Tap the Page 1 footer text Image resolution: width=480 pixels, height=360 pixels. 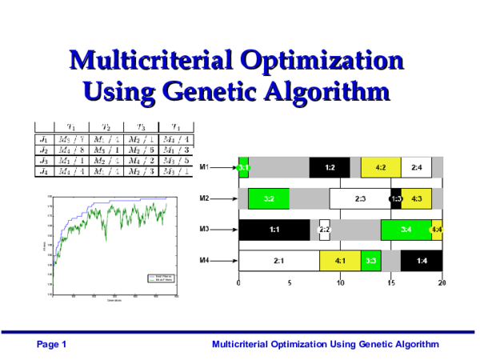click(x=52, y=344)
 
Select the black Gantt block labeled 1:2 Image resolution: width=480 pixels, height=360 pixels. click(x=329, y=168)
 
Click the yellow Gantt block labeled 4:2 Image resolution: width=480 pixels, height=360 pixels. click(x=380, y=168)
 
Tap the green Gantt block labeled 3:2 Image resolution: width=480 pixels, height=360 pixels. click(x=269, y=198)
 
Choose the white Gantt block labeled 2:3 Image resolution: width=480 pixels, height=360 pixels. click(x=359, y=198)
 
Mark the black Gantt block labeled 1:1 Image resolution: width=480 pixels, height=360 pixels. click(x=274, y=230)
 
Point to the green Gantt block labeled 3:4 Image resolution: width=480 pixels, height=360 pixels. click(x=406, y=230)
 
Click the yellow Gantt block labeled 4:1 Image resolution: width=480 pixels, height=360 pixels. click(x=339, y=260)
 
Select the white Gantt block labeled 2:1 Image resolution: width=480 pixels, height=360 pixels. click(x=278, y=260)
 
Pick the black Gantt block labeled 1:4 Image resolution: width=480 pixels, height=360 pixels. click(x=421, y=260)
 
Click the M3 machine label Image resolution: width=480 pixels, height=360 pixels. click(x=205, y=229)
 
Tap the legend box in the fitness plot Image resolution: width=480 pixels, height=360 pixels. click(x=155, y=278)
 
